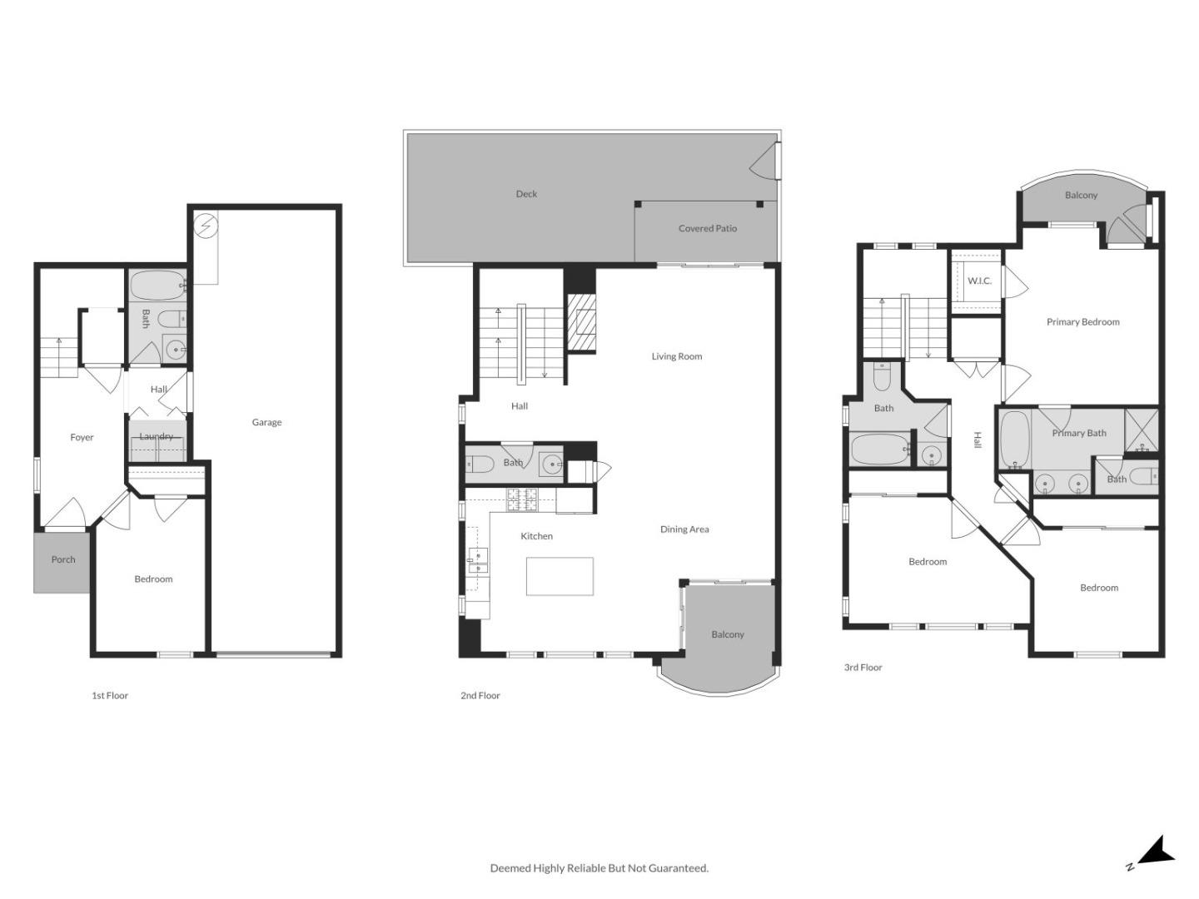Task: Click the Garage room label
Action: (266, 422)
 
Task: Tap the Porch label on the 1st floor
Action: (63, 559)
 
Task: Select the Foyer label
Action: (82, 437)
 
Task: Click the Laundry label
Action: (157, 436)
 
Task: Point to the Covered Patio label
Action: (707, 228)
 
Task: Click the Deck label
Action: (526, 194)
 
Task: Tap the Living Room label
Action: (676, 356)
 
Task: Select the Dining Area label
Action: (684, 529)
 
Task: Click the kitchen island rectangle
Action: (560, 576)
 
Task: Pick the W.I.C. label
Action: (979, 281)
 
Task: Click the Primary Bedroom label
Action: (1082, 322)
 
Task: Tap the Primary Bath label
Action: (1079, 433)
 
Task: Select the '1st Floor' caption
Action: (110, 696)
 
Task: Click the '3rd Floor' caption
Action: (863, 668)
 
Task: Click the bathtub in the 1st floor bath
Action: (157, 286)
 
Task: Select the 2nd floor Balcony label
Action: (727, 634)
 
